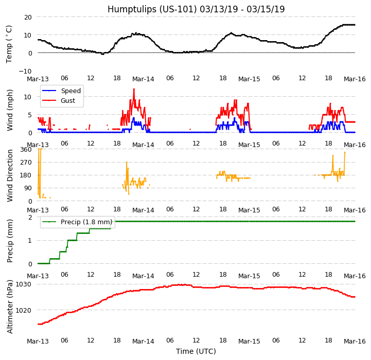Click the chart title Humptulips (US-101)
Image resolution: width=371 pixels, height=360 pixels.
pos(196,9)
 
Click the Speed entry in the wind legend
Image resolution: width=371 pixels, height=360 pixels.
pos(70,91)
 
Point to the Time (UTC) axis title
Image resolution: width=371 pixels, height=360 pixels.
pos(196,351)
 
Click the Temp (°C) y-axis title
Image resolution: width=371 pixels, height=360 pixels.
pos(9,44)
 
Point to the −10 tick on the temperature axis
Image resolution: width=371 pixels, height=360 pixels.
pos(25,71)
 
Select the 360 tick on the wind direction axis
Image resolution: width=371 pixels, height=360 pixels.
pos(26,150)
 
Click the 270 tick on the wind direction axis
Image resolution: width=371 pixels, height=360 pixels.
pos(26,163)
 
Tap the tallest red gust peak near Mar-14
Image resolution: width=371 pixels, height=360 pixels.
pos(134,89)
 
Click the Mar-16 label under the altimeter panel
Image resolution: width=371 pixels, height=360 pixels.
pos(355,341)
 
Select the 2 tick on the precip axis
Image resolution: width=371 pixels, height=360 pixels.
pos(30,217)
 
